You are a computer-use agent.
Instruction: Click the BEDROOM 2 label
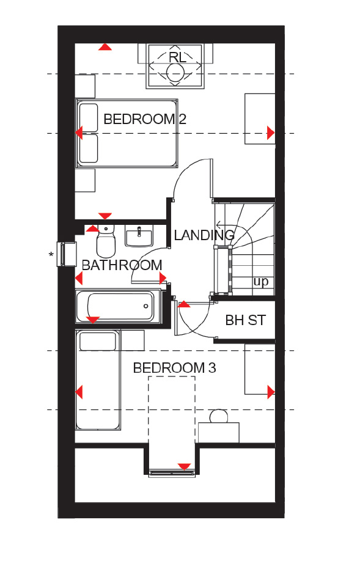pos(145,119)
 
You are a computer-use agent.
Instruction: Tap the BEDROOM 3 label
pos(174,368)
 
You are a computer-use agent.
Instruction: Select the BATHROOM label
pos(122,265)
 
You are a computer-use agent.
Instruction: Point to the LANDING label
pos(204,235)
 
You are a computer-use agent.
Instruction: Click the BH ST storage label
pos(246,320)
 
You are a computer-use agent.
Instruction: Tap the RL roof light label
pos(177,57)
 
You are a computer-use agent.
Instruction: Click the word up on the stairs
pos(260,282)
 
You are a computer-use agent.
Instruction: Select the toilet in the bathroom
pos(106,241)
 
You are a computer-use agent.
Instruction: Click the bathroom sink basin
pos(139,236)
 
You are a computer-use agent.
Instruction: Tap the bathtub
pos(119,306)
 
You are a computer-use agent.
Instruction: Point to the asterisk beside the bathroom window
pos(51,255)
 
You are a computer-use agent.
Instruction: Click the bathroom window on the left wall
pos(67,254)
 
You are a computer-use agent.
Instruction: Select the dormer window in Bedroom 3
pos(172,473)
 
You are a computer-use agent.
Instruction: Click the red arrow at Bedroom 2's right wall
pos(271,133)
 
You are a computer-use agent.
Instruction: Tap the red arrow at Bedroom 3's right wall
pos(271,392)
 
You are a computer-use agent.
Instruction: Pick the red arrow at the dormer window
pos(184,466)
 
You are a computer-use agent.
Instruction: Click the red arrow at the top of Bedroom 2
pos(105,47)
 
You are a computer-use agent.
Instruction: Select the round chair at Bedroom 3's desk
pos(219,416)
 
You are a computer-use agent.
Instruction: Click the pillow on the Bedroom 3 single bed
pos(98,342)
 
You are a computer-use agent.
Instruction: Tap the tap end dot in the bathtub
pos(145,306)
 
